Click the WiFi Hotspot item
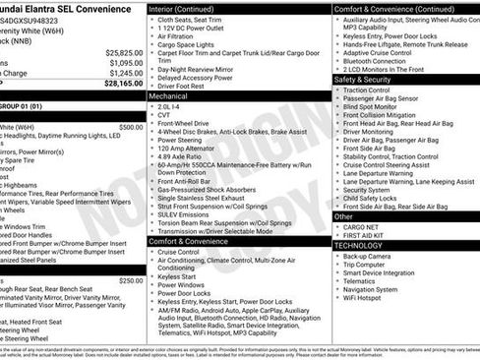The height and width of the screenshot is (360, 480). pos(369,299)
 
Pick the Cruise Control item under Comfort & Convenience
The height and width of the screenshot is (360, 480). pos(179,253)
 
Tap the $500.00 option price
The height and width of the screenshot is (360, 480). pos(130,127)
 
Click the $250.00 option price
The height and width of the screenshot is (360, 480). pos(130,281)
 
